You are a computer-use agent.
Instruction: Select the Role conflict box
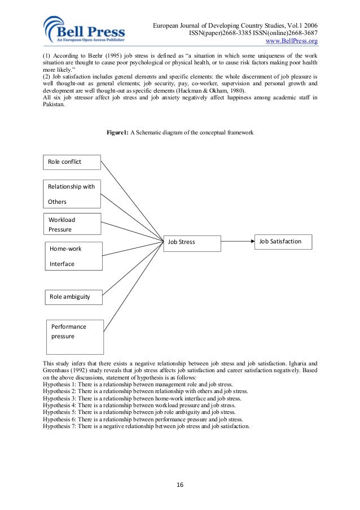pos(72,162)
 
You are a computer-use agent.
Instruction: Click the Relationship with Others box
pos(72,194)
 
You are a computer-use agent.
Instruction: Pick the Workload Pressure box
pos(72,224)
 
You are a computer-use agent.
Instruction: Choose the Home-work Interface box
pos(73,256)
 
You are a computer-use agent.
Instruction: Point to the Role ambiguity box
pos(73,296)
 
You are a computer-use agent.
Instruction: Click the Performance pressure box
pos(75,335)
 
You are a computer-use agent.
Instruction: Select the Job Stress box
pos(191,242)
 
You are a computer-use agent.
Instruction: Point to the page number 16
pos(179,484)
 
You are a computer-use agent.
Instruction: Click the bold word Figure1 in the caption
pos(118,133)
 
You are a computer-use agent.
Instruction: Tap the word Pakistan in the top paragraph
pos(54,104)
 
